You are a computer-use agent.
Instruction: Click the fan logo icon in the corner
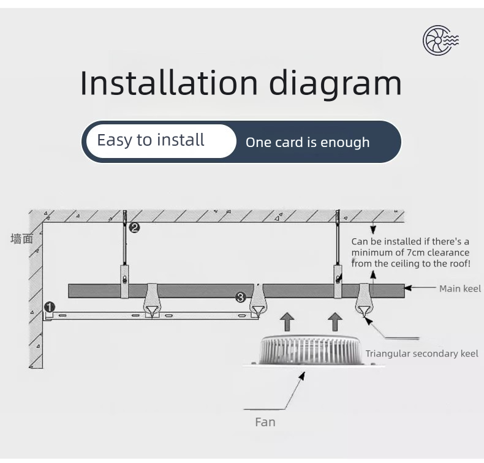coord(441,40)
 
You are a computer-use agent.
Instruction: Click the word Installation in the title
coord(169,83)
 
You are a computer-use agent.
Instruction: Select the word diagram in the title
coord(336,84)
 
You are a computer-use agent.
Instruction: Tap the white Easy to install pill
coord(161,141)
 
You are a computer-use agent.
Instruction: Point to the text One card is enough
coord(308,143)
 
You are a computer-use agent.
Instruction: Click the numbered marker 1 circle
coord(50,307)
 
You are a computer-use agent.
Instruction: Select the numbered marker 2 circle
coord(134,228)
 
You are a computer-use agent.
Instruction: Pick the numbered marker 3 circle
coord(240,298)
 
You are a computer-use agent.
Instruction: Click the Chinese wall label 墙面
coord(22,239)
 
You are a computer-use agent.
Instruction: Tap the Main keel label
coord(460,288)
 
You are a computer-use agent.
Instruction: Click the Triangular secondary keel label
coord(422,353)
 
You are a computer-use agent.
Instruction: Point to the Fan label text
coord(265,422)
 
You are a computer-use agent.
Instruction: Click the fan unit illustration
coord(310,351)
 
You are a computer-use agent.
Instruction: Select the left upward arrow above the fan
coord(287,322)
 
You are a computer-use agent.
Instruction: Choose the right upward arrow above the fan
coord(335,322)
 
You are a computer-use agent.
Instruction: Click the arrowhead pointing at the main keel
coord(408,288)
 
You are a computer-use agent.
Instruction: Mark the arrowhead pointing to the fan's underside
coord(302,375)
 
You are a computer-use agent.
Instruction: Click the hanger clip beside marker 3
coord(258,301)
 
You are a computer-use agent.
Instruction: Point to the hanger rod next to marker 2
coord(125,238)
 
